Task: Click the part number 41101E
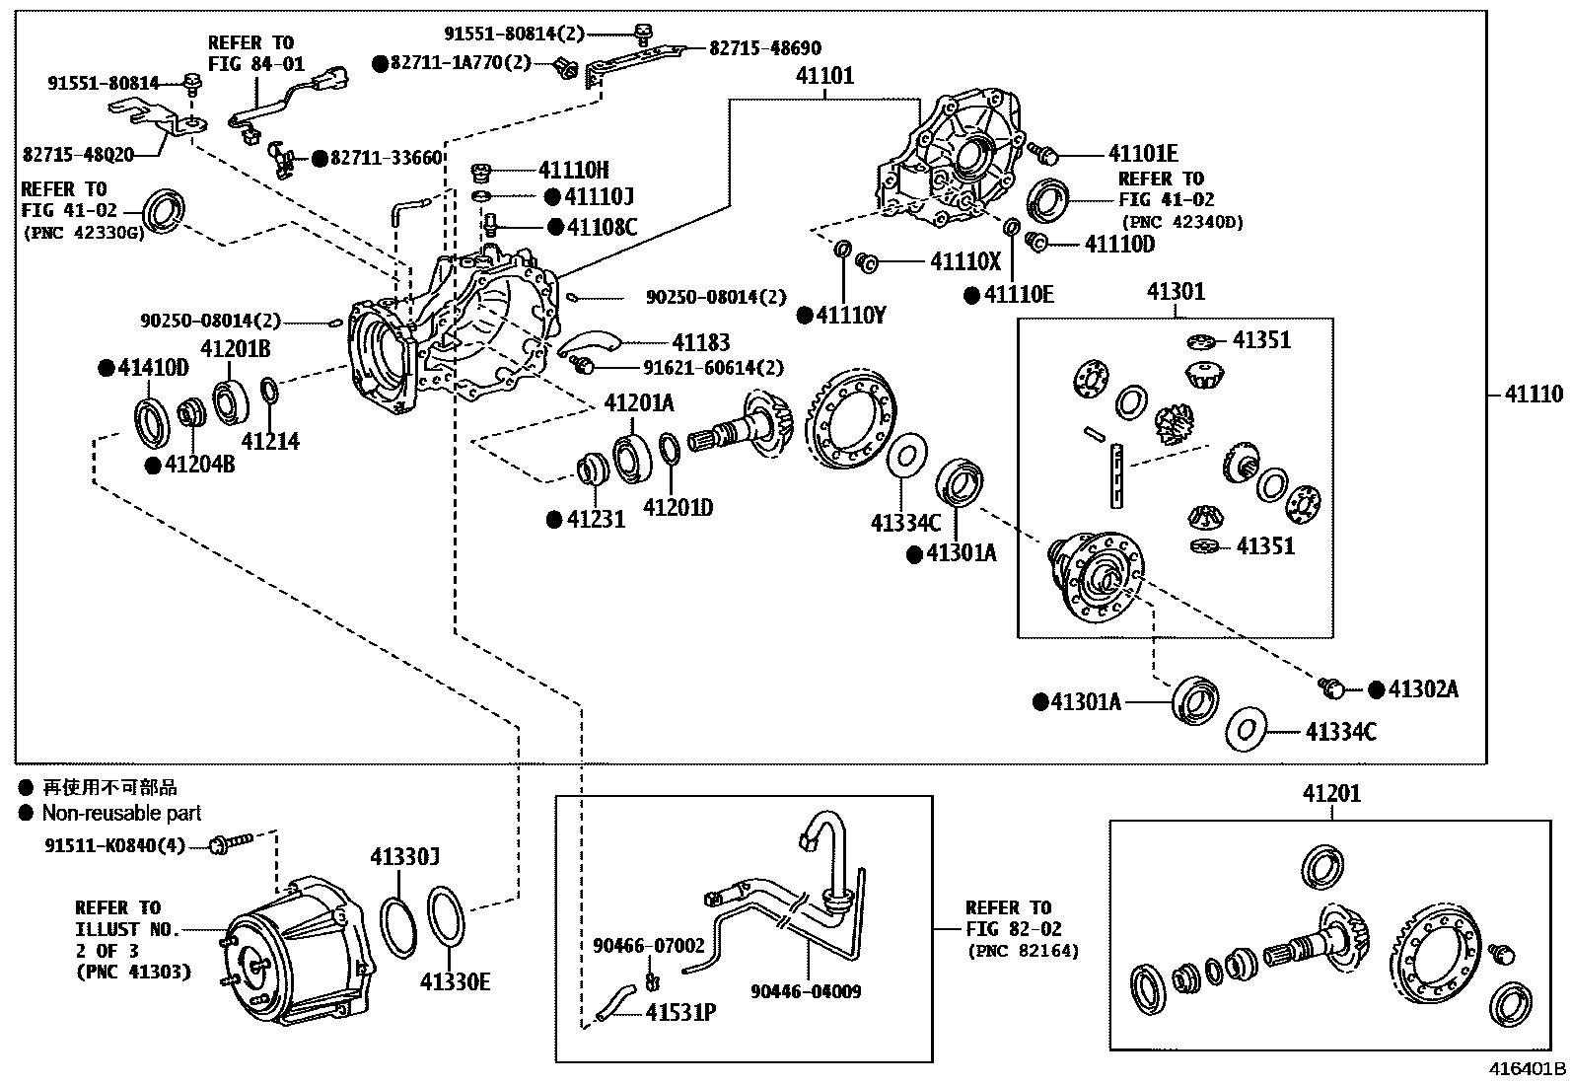click(x=1143, y=154)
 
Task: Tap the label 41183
click(x=700, y=342)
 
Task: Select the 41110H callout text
click(x=574, y=171)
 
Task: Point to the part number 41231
click(x=596, y=518)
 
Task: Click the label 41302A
click(x=1423, y=689)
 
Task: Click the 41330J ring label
click(x=404, y=857)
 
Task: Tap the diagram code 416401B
click(x=1528, y=1068)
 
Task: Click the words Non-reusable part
click(x=121, y=813)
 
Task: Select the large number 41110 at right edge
click(x=1534, y=395)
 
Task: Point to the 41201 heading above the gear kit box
click(x=1331, y=793)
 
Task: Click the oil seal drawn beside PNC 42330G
click(x=164, y=211)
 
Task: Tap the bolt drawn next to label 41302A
click(x=1332, y=687)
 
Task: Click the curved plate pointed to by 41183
click(x=588, y=342)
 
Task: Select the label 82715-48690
click(x=765, y=48)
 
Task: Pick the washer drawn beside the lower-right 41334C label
click(x=1247, y=730)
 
